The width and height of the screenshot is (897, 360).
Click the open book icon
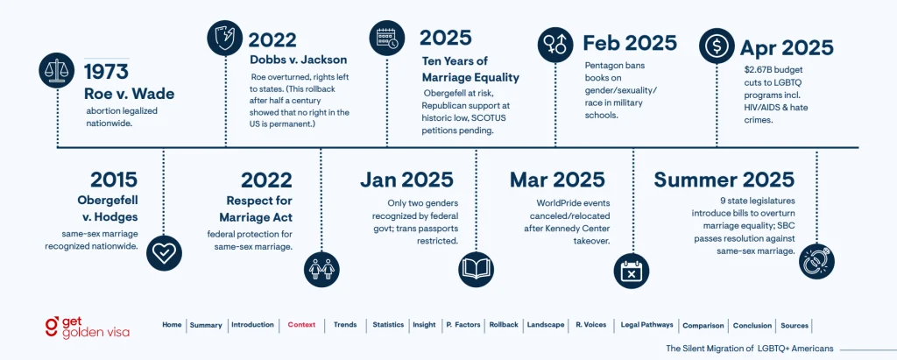477,266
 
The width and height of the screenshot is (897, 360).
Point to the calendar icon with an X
634,270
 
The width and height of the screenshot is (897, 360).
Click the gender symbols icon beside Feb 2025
554,44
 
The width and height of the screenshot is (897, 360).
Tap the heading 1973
105,72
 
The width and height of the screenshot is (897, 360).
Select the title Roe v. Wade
129,94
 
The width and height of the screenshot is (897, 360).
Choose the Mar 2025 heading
557,180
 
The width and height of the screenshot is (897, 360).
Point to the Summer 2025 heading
724,180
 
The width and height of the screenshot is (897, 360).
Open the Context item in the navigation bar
301,325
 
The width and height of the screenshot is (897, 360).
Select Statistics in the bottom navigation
388,325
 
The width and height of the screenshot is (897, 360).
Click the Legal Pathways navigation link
646,325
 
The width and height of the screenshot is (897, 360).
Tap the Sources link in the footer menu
795,325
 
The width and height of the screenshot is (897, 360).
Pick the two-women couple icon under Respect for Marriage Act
321,270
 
